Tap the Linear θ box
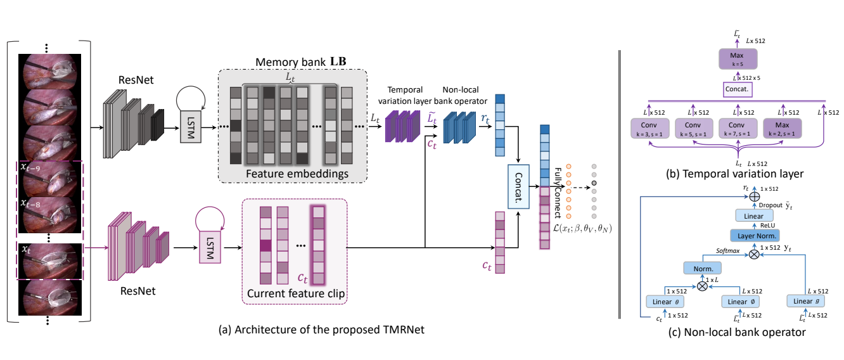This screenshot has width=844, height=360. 666,301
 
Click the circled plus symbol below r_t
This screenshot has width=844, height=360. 753,198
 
